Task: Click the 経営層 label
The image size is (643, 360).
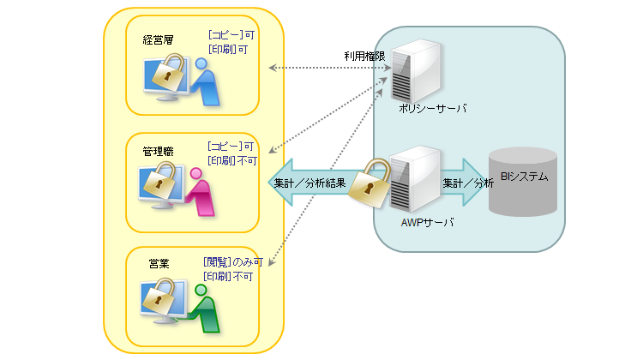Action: click(158, 39)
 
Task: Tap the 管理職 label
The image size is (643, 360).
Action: click(158, 151)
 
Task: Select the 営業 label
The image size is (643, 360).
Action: click(158, 264)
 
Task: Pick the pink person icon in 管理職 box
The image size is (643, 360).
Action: click(201, 194)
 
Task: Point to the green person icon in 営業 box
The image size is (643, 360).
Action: click(205, 309)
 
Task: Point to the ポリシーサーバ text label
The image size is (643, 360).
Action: click(432, 110)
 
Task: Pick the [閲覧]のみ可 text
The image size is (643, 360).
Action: click(232, 262)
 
